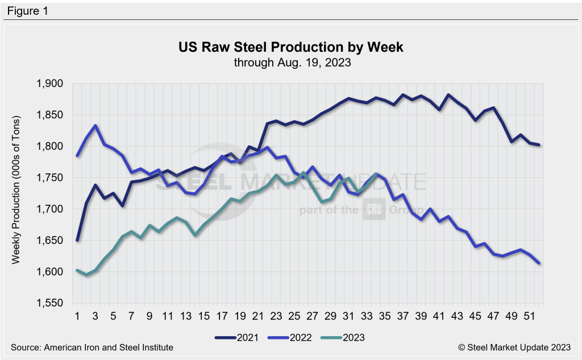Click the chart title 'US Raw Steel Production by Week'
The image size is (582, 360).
pos(291,48)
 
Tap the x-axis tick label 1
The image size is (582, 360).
pos(77,315)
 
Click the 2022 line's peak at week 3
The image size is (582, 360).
pos(95,126)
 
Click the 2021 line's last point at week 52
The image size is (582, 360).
pos(539,145)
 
